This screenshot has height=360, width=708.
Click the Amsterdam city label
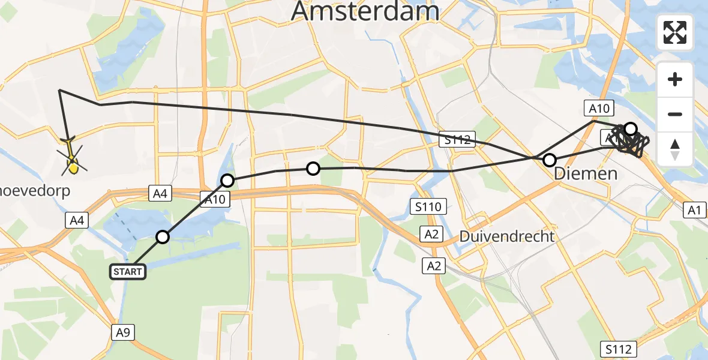[365, 11]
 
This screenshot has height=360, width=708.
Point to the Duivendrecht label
[507, 236]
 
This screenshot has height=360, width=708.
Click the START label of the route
[127, 272]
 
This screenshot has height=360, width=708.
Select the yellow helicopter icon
[71, 162]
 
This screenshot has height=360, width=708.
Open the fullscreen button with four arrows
[675, 32]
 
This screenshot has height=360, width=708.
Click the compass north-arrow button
[675, 149]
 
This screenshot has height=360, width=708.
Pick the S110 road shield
[428, 208]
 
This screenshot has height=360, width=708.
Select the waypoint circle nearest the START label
[163, 237]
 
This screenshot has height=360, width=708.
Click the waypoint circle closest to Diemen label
[549, 160]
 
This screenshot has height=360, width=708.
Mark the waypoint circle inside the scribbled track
[630, 128]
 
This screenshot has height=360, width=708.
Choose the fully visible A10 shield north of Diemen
[598, 109]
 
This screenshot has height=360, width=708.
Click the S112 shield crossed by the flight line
[457, 140]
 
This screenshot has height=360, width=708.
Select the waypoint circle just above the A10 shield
[227, 180]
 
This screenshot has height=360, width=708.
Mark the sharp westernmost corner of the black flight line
[59, 90]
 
